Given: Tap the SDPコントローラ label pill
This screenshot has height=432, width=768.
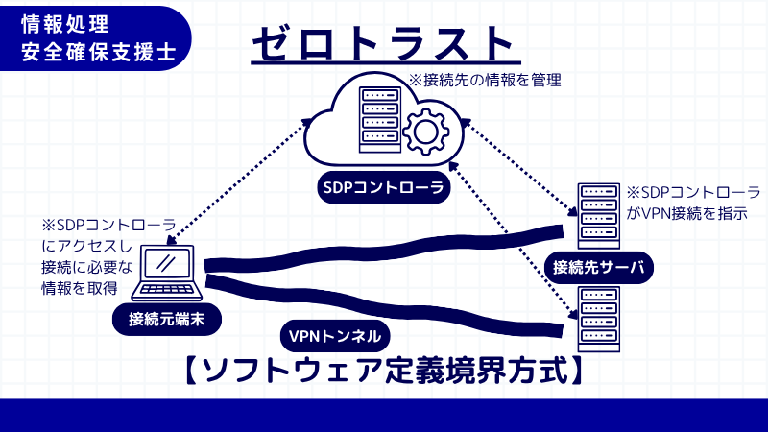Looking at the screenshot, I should pyautogui.click(x=384, y=189).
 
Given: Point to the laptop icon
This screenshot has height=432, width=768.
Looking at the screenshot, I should pyautogui.click(x=168, y=271).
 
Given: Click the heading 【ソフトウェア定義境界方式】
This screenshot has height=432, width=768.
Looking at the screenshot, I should pyautogui.click(x=383, y=370).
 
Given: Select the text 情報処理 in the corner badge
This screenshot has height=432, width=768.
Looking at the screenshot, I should pyautogui.click(x=68, y=22).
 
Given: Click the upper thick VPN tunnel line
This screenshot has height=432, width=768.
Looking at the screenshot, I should pyautogui.click(x=384, y=250).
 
